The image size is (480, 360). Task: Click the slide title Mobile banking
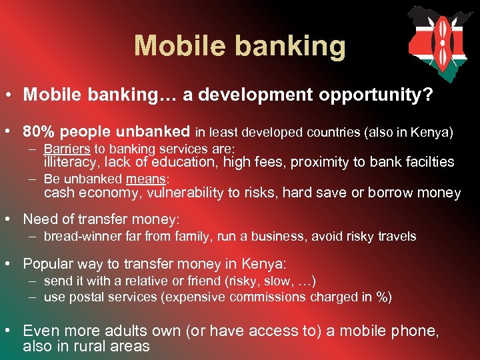point(240,47)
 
